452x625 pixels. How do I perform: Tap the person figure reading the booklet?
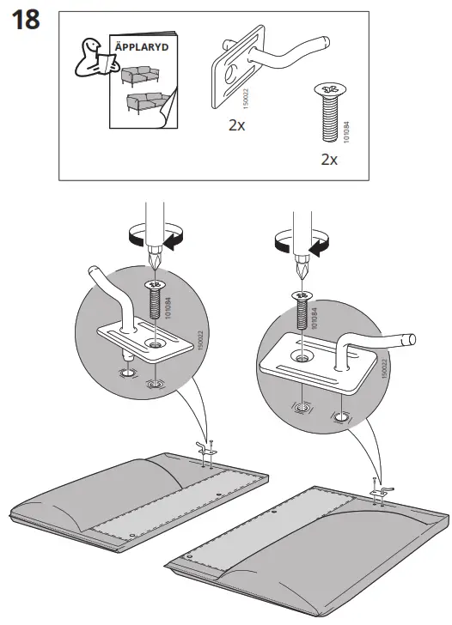pos(89,61)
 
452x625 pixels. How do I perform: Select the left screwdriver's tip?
pos(156,264)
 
